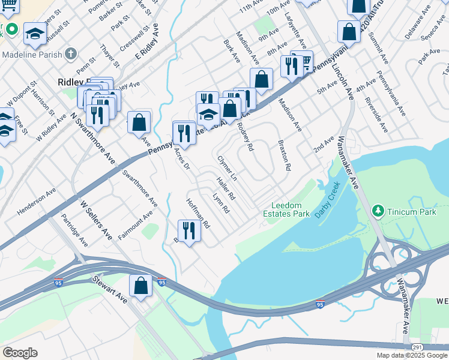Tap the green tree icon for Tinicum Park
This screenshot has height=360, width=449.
pos(378,211)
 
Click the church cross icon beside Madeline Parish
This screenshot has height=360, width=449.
pos(71,54)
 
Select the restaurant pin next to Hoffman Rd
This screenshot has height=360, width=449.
pos(189,231)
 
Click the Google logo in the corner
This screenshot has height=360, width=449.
pos(20,353)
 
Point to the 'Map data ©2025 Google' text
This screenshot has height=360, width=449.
pos(412,355)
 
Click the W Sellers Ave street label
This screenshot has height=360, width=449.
pos(97,220)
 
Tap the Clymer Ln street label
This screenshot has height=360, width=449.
pos(227,169)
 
